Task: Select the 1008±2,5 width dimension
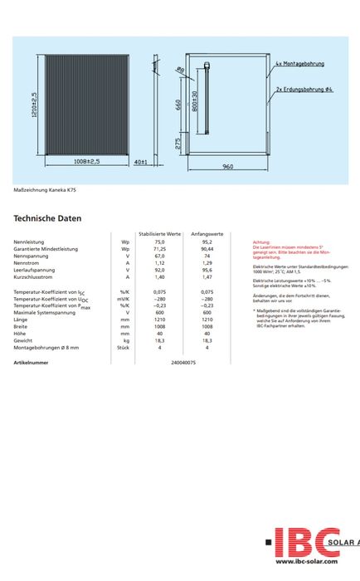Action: pyautogui.click(x=87, y=161)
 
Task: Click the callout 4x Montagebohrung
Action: pyautogui.click(x=300, y=64)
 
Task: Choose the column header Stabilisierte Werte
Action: pyautogui.click(x=159, y=235)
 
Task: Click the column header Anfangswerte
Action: pyautogui.click(x=207, y=235)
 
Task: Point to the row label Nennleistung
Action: pyautogui.click(x=29, y=242)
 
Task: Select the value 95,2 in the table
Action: pyautogui.click(x=207, y=242)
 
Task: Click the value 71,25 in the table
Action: pyautogui.click(x=160, y=249)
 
